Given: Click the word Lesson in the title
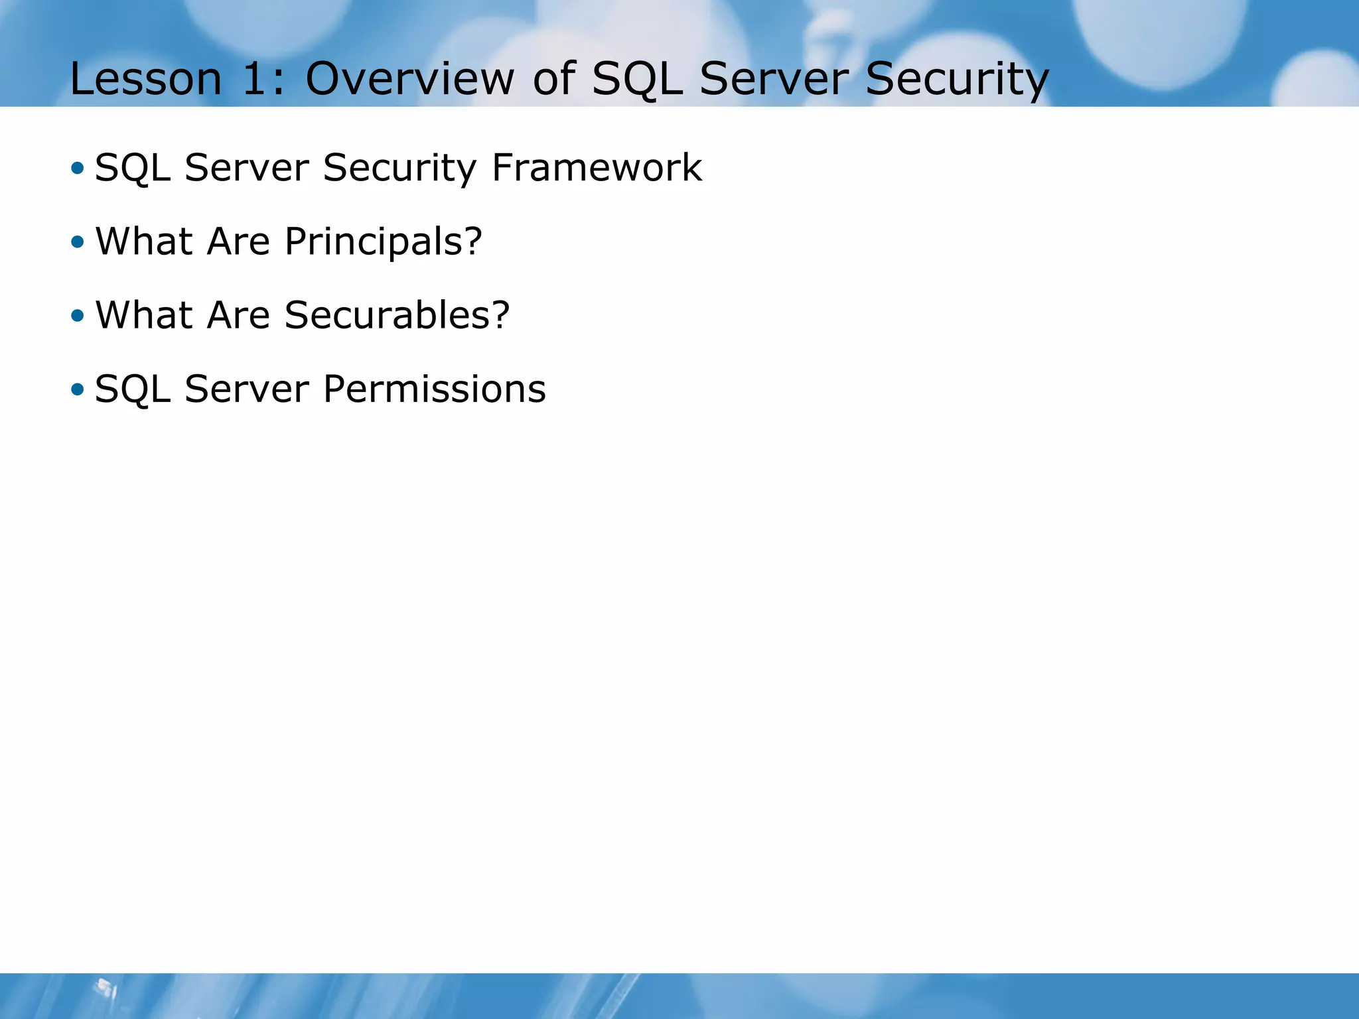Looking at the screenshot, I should click(x=145, y=79).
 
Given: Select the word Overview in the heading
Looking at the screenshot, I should click(x=409, y=79).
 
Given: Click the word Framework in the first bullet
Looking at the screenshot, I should click(x=597, y=167).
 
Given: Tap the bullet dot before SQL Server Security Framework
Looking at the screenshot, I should click(x=78, y=169).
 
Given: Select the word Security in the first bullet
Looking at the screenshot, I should click(x=399, y=169).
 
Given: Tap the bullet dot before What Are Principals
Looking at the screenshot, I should click(x=78, y=242).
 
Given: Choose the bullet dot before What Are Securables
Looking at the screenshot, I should click(x=78, y=316).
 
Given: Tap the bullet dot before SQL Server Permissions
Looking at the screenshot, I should click(x=78, y=389).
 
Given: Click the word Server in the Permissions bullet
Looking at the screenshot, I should click(x=246, y=389).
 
